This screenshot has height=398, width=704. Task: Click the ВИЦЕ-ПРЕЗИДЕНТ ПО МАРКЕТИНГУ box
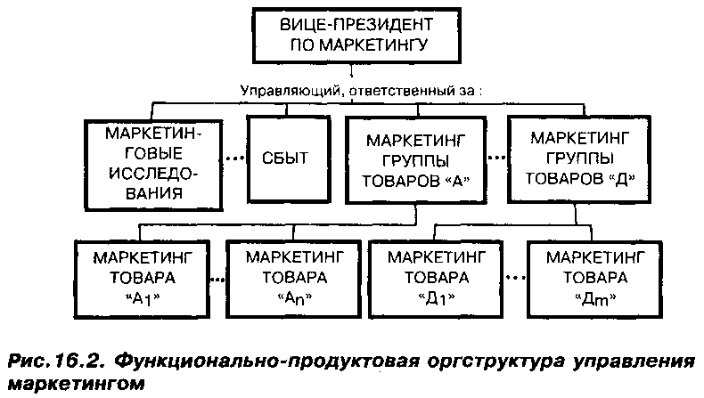coord(354,35)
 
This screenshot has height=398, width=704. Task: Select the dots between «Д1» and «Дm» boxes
coord(515,279)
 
